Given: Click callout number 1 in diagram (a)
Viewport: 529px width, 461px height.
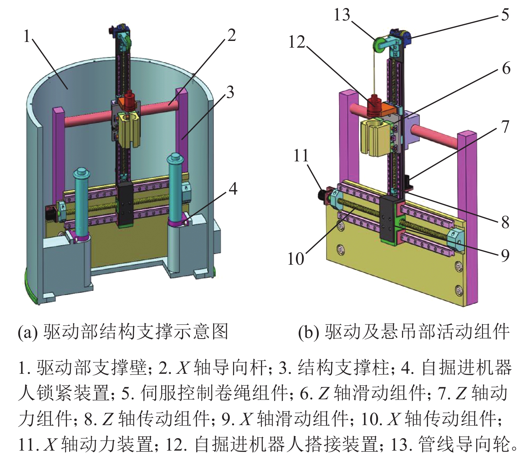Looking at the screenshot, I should (27, 36).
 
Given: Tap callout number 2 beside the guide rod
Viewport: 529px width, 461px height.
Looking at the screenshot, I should (231, 35).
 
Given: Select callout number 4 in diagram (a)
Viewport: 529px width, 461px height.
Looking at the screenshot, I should (233, 189).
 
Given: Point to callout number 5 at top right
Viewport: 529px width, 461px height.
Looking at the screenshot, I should (505, 15).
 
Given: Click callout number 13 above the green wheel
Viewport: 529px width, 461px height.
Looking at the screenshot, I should (342, 15).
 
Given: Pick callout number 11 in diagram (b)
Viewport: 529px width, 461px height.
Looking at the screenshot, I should (301, 156).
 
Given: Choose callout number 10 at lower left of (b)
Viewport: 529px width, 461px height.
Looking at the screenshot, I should (296, 259).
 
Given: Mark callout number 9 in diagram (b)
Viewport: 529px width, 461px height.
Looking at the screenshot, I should (505, 255).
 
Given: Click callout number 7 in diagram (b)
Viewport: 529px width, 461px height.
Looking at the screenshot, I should (505, 127).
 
